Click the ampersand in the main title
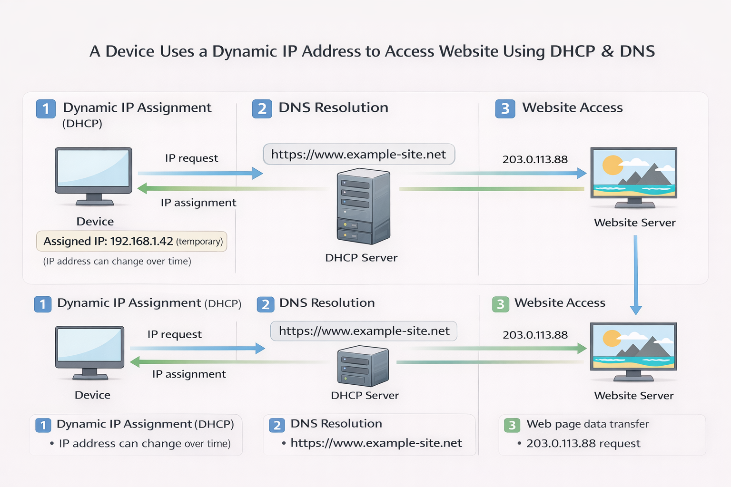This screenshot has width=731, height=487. point(607,51)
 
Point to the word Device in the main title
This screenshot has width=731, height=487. point(125,51)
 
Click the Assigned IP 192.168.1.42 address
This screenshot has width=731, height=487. point(141,241)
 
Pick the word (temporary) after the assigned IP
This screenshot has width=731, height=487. point(199,242)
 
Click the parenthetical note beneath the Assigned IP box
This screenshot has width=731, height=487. point(117,261)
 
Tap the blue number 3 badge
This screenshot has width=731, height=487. point(505,108)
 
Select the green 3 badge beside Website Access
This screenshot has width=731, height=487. point(500,304)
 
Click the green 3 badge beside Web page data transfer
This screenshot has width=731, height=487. point(512,425)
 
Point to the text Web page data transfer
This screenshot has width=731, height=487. point(587,424)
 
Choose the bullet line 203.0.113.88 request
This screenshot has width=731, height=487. point(583,443)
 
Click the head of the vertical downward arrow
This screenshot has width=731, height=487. point(636,310)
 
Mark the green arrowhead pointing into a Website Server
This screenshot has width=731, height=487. point(582,349)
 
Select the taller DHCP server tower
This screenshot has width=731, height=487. point(363,206)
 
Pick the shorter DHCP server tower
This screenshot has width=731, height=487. point(363,365)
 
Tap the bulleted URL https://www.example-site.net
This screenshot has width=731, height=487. point(376,443)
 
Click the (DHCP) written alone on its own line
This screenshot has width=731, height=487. point(82,124)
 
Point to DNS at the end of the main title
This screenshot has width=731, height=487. point(637,51)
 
